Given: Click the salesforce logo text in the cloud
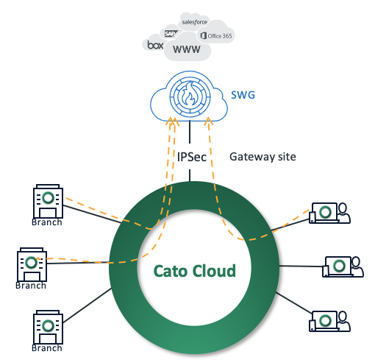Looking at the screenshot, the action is tap(195, 22).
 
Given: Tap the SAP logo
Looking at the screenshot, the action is tap(171, 33).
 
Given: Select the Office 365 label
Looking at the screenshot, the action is tap(216, 36).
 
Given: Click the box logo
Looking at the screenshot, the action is tap(155, 45).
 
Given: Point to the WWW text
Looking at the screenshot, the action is tap(187, 49).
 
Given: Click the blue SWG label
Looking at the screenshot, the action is tap(243, 95).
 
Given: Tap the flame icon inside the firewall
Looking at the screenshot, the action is tap(190, 94).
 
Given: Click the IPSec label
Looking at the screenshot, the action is tap(192, 157).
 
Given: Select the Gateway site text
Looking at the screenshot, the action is tap(262, 157).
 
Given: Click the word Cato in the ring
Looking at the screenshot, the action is tap(171, 271).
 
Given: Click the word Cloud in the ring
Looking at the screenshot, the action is tap(214, 271).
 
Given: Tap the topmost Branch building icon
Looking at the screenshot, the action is tap(48, 201).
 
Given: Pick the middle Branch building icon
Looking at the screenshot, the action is tap(32, 264).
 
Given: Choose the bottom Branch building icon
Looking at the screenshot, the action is tap(48, 327).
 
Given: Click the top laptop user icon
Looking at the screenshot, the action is tap(329, 213).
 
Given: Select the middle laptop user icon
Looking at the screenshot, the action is tap(343, 267).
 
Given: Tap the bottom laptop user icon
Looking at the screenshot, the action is tap(329, 321).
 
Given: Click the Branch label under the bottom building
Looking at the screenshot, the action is tap(47, 348).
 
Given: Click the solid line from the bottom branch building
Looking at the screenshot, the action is tap(87, 306).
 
